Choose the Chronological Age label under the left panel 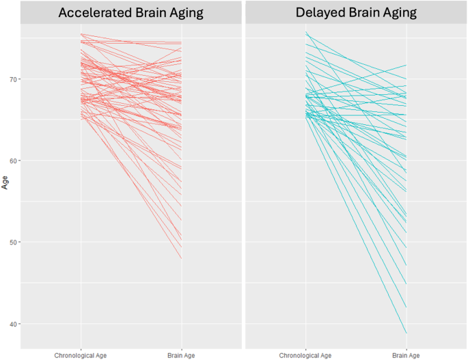[x=81, y=355]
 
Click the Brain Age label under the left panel [x=181, y=355]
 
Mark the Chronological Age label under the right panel [x=306, y=355]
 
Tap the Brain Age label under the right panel [x=406, y=355]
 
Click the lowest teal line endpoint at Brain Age [x=406, y=333]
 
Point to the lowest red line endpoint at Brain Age [x=181, y=259]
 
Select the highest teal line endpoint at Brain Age [x=406, y=66]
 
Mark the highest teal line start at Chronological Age [x=306, y=32]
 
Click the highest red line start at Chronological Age [x=81, y=34]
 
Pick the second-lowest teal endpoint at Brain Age [x=406, y=307]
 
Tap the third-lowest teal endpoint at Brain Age [x=406, y=283]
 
